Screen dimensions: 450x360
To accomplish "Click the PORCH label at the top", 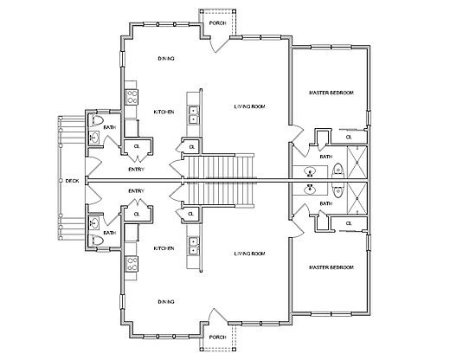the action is [x=217, y=23].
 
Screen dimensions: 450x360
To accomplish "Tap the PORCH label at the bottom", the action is [x=217, y=337].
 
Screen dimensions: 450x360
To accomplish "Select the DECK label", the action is [x=72, y=181].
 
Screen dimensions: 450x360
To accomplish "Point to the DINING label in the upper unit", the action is [x=166, y=59].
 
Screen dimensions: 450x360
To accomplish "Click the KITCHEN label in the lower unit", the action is [x=164, y=248].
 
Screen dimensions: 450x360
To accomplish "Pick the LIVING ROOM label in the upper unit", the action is [x=249, y=106].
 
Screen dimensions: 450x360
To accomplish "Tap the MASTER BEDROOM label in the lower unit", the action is [x=331, y=267].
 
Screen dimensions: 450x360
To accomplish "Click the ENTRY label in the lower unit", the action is [x=136, y=191].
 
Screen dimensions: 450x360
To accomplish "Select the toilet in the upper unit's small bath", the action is [x=95, y=120].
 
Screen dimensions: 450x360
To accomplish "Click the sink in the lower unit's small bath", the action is [x=94, y=223].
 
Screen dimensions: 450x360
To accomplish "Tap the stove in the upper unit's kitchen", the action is [x=132, y=97].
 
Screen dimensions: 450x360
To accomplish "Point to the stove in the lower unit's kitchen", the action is [x=132, y=264].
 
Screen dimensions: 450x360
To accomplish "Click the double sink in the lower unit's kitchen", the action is [x=193, y=246].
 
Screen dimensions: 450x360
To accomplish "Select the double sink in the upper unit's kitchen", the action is [x=193, y=115].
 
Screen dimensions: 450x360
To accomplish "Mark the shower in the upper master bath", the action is [x=357, y=163].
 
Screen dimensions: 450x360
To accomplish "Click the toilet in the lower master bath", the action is [x=337, y=191].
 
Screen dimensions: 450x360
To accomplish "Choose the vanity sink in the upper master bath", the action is [x=310, y=172].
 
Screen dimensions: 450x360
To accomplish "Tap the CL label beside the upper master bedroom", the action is [x=349, y=137].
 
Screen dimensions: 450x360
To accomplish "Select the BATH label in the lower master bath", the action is [x=326, y=203].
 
